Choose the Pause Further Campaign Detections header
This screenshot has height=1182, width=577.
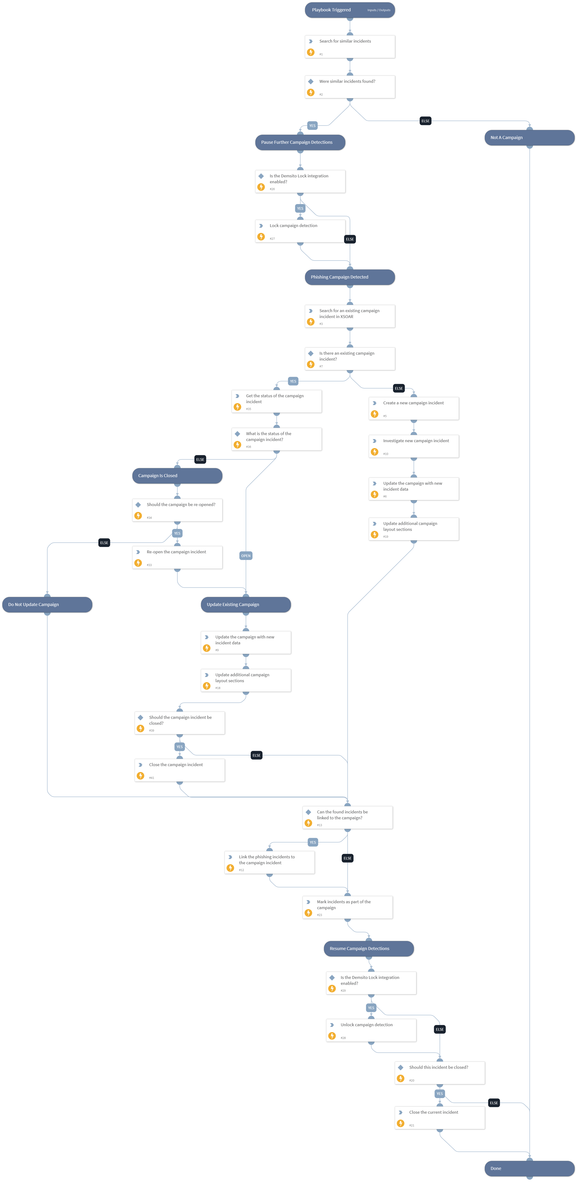pos(300,142)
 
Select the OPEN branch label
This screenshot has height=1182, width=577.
pos(246,556)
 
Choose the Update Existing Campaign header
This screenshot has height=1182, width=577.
pos(246,605)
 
